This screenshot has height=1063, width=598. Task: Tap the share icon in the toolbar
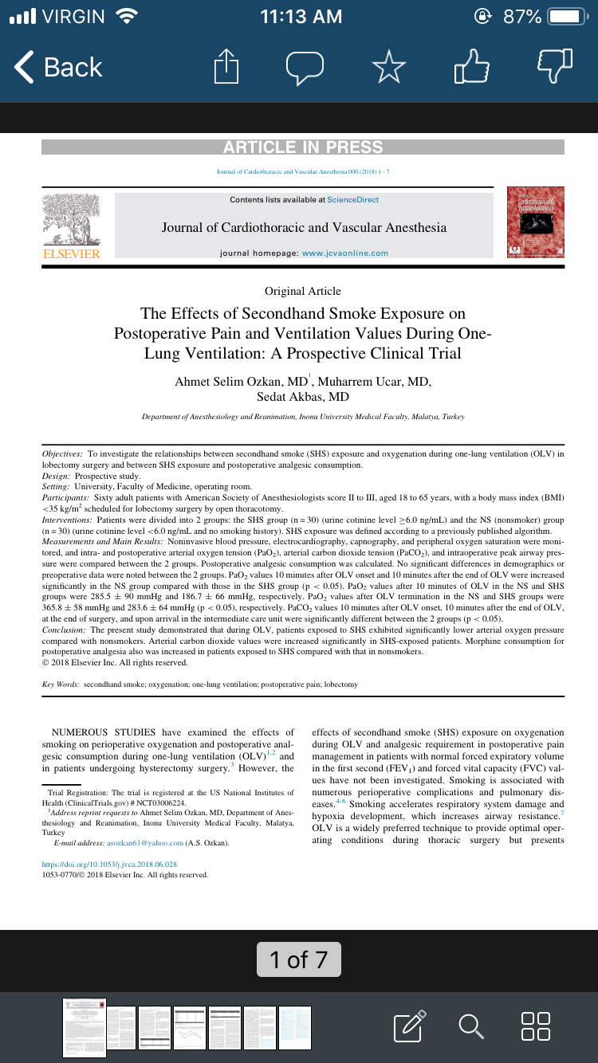coord(226,67)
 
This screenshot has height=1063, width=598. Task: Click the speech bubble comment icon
coord(305,68)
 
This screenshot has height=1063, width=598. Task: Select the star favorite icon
coord(388,67)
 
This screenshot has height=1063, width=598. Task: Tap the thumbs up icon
coord(470,66)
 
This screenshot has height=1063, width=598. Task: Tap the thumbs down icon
coord(555,66)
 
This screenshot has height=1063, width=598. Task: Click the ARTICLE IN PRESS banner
coord(303,147)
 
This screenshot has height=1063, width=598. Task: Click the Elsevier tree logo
coord(71,220)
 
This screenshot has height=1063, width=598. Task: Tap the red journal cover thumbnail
coord(535,222)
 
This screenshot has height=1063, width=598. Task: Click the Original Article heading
coord(303,291)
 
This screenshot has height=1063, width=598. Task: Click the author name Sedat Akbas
coord(303,397)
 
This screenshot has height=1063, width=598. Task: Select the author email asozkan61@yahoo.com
coord(145,843)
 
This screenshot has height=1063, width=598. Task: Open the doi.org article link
coord(109,864)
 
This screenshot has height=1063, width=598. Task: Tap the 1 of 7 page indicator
coord(298,959)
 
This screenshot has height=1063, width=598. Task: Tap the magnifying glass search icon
coord(471,1026)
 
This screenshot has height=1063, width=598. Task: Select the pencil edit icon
coord(410,1026)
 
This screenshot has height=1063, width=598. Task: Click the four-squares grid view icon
coord(535,1026)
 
